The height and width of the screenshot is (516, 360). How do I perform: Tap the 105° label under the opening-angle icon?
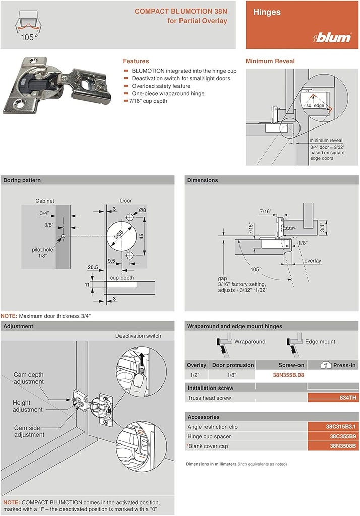click(29, 37)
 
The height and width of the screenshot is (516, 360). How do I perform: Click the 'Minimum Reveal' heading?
click(270, 61)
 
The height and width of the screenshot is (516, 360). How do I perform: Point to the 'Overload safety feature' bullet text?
click(160, 86)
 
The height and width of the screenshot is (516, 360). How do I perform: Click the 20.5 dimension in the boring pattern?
click(92, 267)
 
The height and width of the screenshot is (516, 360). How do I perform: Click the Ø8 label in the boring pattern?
click(142, 210)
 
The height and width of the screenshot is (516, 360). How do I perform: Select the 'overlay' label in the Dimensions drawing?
click(312, 261)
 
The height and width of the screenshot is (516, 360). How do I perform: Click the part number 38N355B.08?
click(288, 375)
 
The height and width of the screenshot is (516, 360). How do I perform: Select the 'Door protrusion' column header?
click(231, 365)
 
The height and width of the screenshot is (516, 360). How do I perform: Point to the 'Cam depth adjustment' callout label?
click(29, 378)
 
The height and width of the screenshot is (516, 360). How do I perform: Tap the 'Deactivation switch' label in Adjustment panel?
click(138, 336)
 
